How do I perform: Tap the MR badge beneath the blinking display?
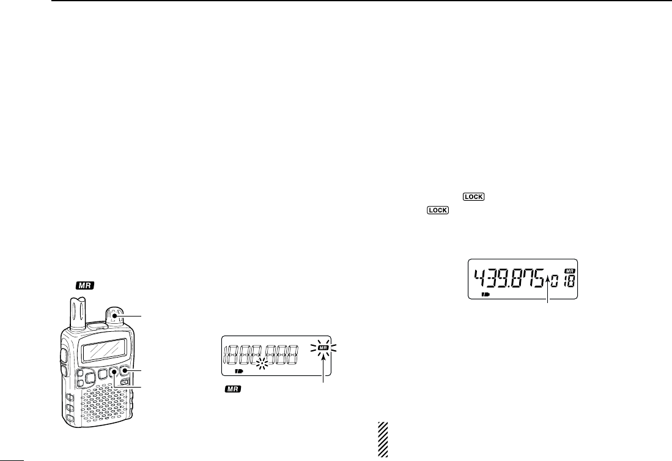click(x=233, y=389)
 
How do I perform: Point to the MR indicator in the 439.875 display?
click(x=570, y=271)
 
